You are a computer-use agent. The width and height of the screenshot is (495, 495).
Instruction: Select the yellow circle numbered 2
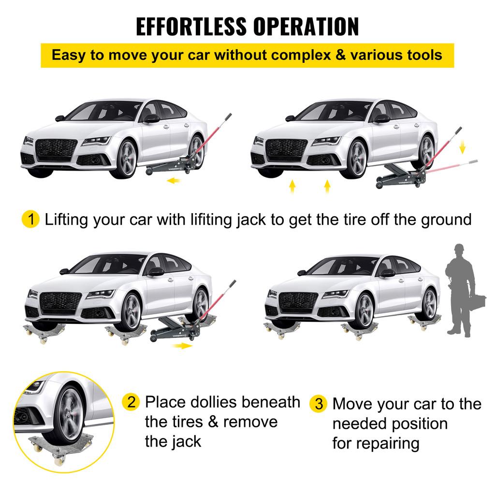click(131, 402)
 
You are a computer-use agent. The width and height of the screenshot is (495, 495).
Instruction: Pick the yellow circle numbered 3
click(319, 404)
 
